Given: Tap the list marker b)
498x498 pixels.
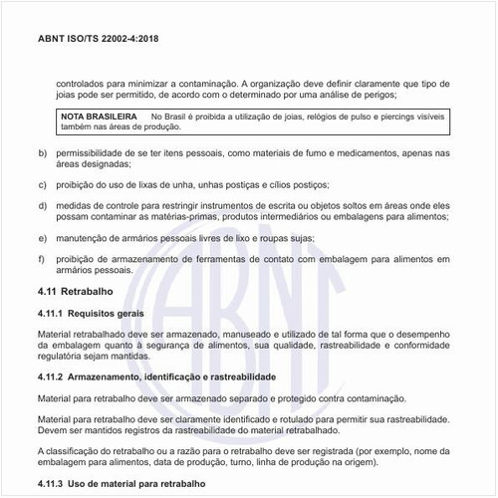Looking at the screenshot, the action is tap(41, 152).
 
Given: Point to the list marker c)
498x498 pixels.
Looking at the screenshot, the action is tap(41, 185).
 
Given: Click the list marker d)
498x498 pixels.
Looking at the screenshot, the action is tap(41, 205).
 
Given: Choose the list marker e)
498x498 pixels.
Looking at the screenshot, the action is tap(41, 238).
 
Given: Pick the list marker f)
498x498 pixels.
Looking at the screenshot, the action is tap(41, 259).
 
